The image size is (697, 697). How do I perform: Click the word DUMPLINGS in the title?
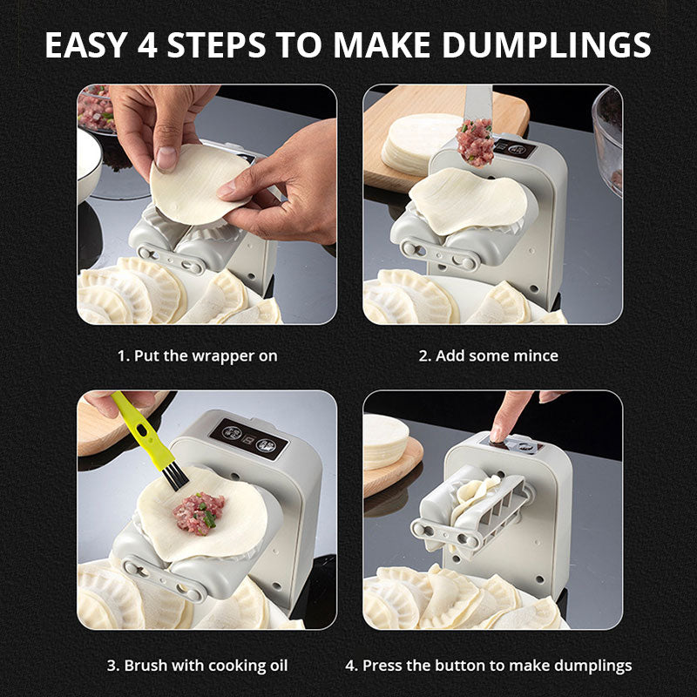pyautogui.click(x=546, y=45)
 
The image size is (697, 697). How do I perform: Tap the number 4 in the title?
pyautogui.click(x=147, y=45)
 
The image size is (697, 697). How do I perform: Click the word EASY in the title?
pyautogui.click(x=86, y=45)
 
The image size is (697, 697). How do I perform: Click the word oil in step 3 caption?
pyautogui.click(x=278, y=666)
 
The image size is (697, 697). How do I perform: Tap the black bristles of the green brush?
pyautogui.click(x=175, y=476)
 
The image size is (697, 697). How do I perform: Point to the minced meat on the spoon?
pyautogui.click(x=475, y=142)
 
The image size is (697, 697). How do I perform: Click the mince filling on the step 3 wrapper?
pyautogui.click(x=200, y=513)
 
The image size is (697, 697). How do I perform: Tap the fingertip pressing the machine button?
pyautogui.click(x=497, y=434)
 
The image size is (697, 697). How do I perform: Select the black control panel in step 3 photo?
pyautogui.click(x=249, y=439)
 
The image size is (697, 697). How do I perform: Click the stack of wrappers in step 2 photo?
pyautogui.click(x=418, y=143)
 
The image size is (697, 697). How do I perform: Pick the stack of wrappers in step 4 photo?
pyautogui.click(x=386, y=441)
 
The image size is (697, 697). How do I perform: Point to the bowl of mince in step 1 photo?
pyautogui.click(x=95, y=110)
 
